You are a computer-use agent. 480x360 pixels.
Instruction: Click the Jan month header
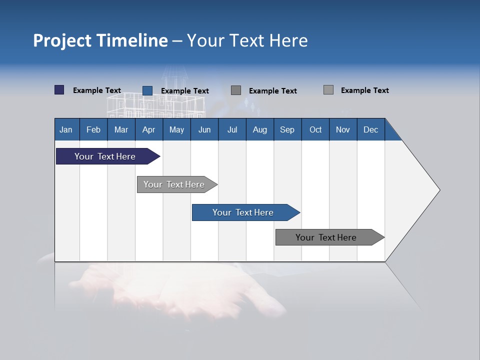66,129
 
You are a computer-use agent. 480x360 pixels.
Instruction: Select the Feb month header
93,129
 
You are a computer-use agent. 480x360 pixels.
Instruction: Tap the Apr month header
148,129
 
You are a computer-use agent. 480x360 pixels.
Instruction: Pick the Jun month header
204,129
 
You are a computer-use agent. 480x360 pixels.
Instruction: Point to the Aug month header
259,129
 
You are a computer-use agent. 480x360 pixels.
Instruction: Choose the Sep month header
287,129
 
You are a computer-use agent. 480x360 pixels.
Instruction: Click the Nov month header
343,129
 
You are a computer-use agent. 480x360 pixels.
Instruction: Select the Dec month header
370,129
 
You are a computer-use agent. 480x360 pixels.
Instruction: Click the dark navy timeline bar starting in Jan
105,156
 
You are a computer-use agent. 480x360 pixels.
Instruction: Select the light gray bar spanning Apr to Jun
174,184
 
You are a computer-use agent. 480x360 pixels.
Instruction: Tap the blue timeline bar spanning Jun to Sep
243,212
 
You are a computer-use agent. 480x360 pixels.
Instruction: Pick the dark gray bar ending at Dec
326,237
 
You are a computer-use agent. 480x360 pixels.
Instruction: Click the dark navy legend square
59,90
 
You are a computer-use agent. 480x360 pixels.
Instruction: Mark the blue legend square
147,90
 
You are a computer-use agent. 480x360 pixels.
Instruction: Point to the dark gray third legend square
236,90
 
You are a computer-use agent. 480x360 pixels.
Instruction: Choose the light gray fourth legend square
328,90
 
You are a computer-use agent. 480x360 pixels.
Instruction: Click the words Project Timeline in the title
100,40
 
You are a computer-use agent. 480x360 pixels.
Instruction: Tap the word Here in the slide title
288,40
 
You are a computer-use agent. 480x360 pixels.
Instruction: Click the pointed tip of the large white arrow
438,190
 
